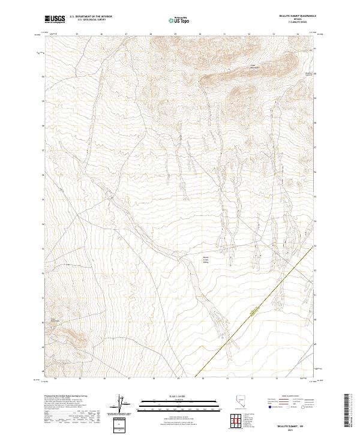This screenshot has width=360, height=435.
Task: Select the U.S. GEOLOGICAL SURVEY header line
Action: [91, 21]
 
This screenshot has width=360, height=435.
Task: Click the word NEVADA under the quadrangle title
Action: [292, 21]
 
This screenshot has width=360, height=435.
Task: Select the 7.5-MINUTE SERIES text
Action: [292, 24]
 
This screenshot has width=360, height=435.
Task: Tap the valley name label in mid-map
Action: [205, 259]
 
